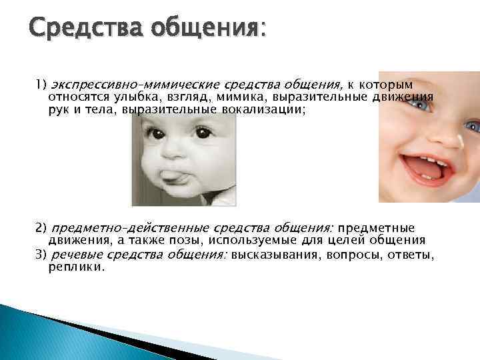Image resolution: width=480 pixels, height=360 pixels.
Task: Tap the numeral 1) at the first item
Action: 41,85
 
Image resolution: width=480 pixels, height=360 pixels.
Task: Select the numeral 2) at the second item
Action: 41,228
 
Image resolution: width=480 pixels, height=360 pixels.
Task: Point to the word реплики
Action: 76,267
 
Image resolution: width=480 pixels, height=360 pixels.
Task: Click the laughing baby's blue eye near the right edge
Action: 472,125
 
